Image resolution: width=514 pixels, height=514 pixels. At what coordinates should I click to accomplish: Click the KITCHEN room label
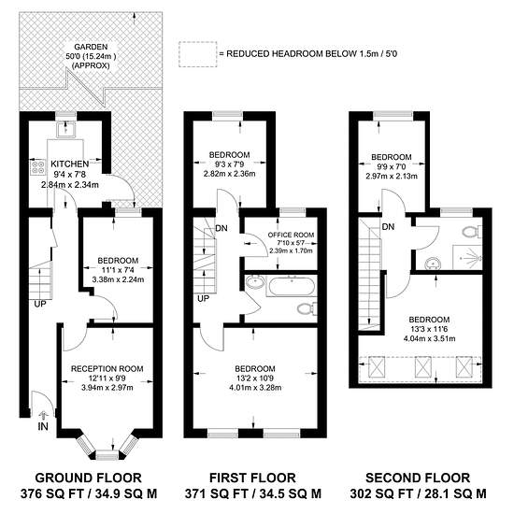[x=69, y=164]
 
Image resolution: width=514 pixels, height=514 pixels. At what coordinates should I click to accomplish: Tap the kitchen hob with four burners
[x=37, y=166]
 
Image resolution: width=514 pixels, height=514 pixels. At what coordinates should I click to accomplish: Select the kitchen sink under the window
[x=66, y=129]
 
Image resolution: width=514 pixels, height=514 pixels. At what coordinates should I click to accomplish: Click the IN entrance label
[x=43, y=426]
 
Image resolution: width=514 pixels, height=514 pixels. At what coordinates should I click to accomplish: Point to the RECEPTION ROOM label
[x=107, y=369]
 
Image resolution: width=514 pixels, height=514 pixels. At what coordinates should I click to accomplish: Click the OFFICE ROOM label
[x=291, y=235]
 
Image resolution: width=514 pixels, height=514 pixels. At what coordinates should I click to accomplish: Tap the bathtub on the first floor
[x=291, y=286]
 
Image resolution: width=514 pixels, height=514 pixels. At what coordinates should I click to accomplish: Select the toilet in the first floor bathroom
[x=307, y=308]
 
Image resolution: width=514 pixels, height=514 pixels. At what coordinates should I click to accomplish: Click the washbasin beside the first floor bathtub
[x=255, y=282]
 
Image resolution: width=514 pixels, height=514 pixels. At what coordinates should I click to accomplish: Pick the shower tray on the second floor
[x=467, y=257]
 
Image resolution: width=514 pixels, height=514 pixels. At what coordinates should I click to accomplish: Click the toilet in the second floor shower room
[x=472, y=232]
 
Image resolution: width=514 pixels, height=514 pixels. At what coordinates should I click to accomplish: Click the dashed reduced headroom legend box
[x=198, y=54]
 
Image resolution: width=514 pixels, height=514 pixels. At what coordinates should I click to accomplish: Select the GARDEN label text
[x=91, y=47]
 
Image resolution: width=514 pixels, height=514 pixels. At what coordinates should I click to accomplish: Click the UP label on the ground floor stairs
[x=40, y=304]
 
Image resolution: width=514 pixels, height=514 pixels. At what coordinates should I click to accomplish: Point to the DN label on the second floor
[x=388, y=226]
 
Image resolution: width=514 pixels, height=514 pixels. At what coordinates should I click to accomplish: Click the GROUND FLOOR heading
[x=88, y=478]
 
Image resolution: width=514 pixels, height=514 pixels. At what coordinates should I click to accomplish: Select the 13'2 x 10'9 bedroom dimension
[x=255, y=378]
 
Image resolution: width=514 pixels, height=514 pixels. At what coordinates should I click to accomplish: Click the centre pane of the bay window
[x=107, y=455]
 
